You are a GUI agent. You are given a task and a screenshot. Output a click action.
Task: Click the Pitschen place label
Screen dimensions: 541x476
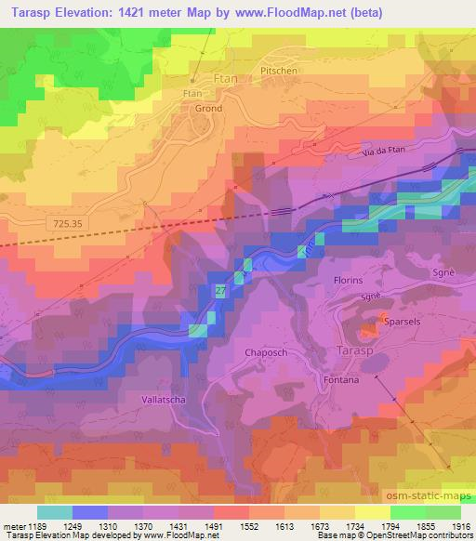279,70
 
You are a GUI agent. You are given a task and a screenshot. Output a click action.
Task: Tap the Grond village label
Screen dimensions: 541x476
206,109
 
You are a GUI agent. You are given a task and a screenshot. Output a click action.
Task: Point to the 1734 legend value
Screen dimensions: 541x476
356,525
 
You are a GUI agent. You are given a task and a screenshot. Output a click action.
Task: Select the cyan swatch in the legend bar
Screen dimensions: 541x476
54,512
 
